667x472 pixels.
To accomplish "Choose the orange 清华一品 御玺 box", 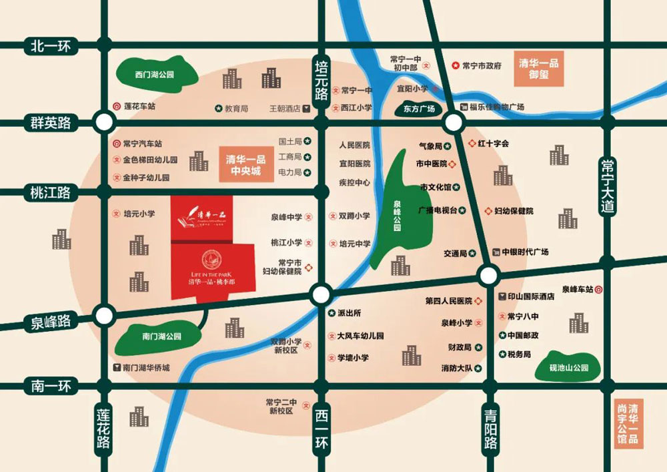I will click(x=538, y=69).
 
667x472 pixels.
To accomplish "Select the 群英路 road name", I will click(x=51, y=123).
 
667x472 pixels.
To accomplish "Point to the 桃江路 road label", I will click(x=51, y=193).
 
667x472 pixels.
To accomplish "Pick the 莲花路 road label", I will click(x=104, y=427).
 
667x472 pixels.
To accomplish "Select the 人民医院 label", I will click(x=354, y=145).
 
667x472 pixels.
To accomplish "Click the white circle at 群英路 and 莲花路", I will click(x=104, y=122).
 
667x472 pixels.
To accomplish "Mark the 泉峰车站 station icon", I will click(x=599, y=289).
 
